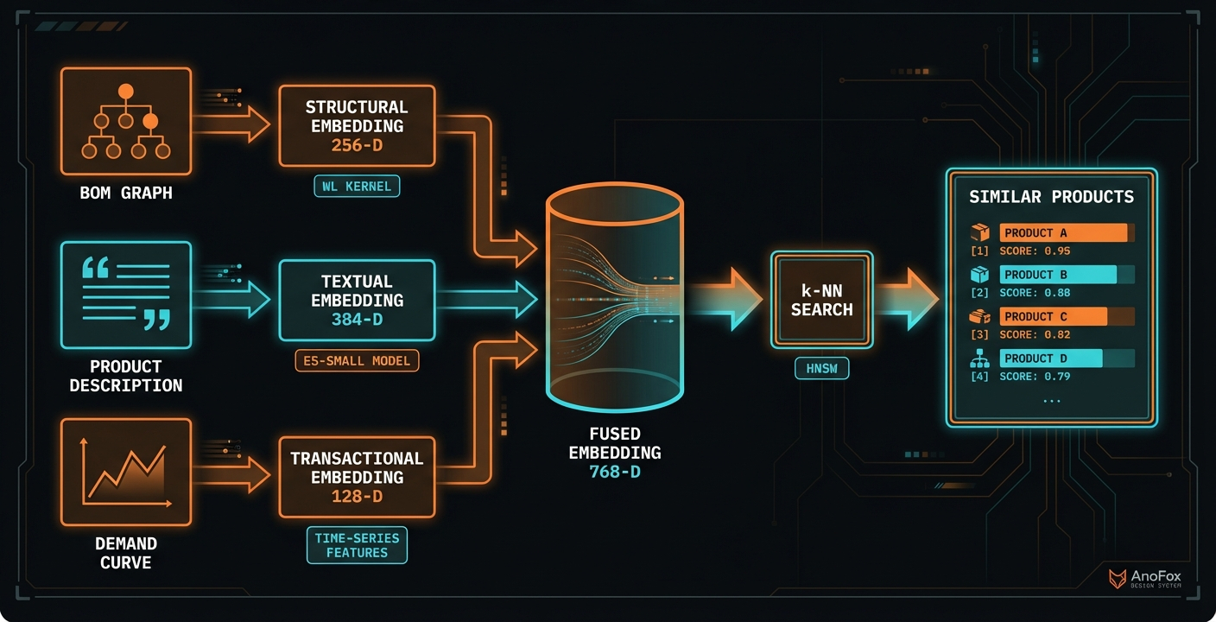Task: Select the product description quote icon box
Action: click(x=125, y=295)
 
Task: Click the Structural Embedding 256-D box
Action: click(x=356, y=125)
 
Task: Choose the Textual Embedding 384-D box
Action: click(x=356, y=300)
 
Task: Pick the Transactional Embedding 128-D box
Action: click(x=356, y=477)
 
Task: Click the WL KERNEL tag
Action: click(x=356, y=186)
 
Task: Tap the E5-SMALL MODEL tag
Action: click(x=356, y=360)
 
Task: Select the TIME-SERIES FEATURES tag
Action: click(x=356, y=545)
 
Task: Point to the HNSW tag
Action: click(x=821, y=370)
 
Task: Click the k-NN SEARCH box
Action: click(x=821, y=299)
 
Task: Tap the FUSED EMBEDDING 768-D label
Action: click(x=614, y=452)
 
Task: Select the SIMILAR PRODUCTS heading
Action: click(x=1051, y=197)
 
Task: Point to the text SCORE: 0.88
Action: click(x=1035, y=293)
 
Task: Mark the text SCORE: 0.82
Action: click(x=1035, y=334)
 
